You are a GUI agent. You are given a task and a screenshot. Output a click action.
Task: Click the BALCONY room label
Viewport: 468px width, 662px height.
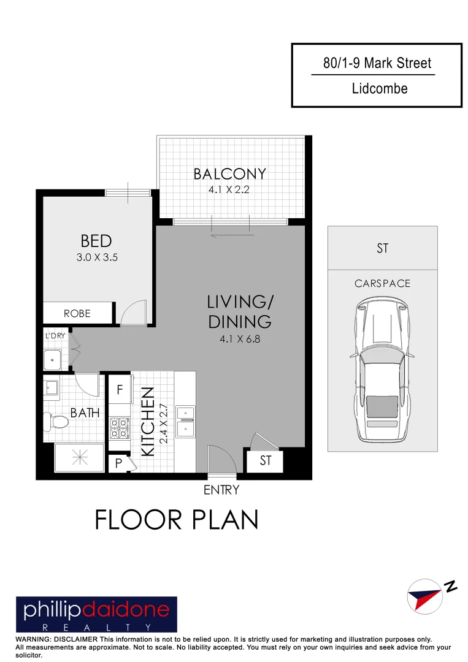[230, 174]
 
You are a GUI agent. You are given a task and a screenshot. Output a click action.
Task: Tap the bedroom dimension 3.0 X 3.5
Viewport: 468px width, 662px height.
[96, 258]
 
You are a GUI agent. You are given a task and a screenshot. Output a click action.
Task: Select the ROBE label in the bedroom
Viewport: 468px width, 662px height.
[77, 313]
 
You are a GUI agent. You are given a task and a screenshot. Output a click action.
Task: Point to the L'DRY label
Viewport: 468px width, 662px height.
[55, 336]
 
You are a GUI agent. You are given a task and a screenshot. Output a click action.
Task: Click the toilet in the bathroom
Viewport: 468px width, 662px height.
[56, 422]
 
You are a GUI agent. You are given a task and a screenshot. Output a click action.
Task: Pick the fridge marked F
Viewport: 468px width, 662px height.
[120, 389]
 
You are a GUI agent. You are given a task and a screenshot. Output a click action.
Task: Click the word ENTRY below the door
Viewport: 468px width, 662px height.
[221, 490]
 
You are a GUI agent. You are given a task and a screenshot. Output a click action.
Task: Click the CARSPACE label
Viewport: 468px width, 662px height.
[382, 284]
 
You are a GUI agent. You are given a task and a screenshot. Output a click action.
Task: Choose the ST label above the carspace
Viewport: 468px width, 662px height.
[382, 249]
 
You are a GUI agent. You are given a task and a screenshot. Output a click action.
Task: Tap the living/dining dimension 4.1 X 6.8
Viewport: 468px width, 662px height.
[239, 339]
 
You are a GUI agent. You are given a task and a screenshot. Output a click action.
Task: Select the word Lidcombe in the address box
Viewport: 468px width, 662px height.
[380, 89]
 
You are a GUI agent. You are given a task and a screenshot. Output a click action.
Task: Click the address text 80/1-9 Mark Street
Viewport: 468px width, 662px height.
[377, 63]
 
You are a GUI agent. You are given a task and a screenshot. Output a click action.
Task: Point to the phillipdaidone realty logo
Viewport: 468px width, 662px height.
[96, 614]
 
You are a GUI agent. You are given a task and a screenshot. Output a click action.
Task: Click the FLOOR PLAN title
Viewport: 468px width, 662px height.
[177, 520]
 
